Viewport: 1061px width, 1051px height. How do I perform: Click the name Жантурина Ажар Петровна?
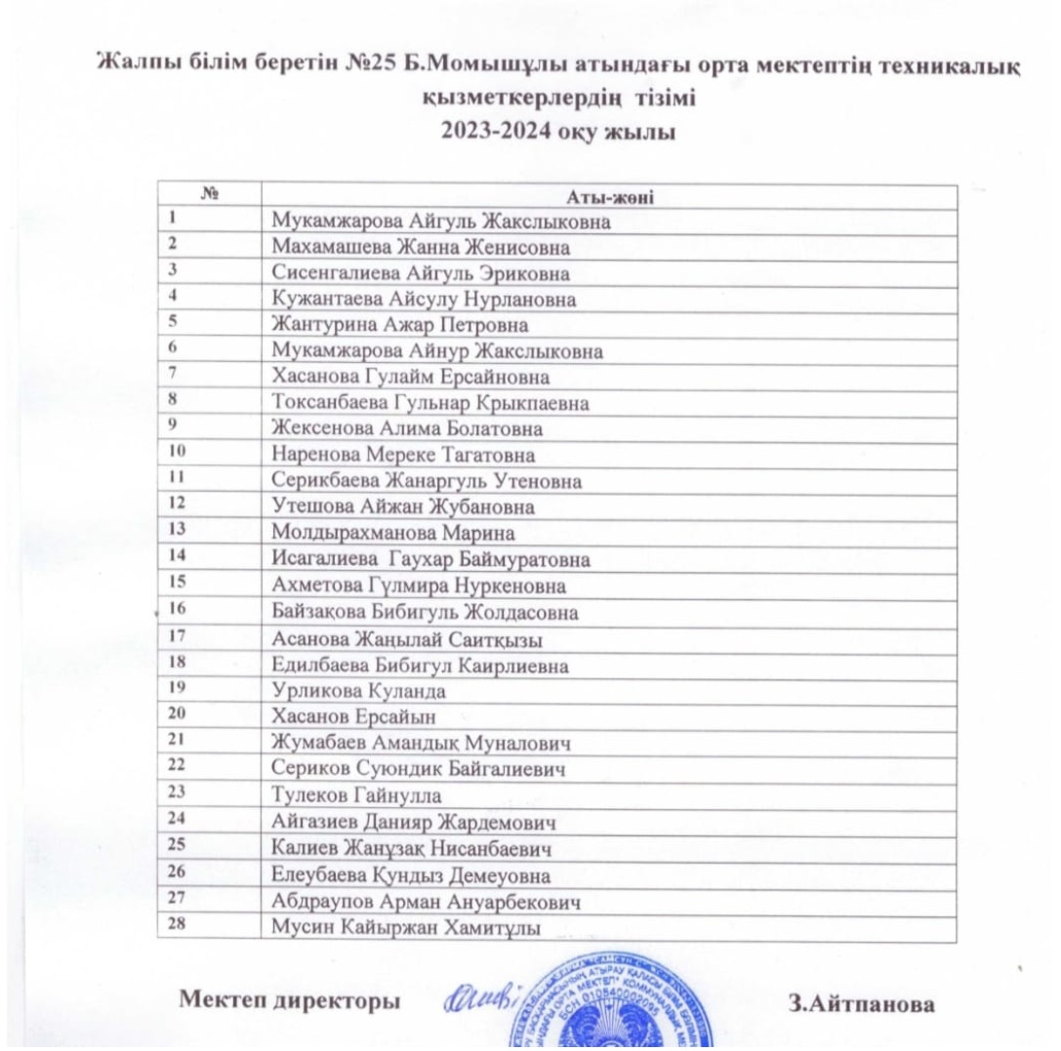click(x=400, y=325)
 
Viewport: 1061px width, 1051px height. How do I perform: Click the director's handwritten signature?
click(x=485, y=1000)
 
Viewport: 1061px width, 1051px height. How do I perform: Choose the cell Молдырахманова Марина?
click(x=392, y=534)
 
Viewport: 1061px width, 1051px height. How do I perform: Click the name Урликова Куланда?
click(x=359, y=691)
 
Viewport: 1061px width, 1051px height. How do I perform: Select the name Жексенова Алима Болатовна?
click(x=408, y=429)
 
